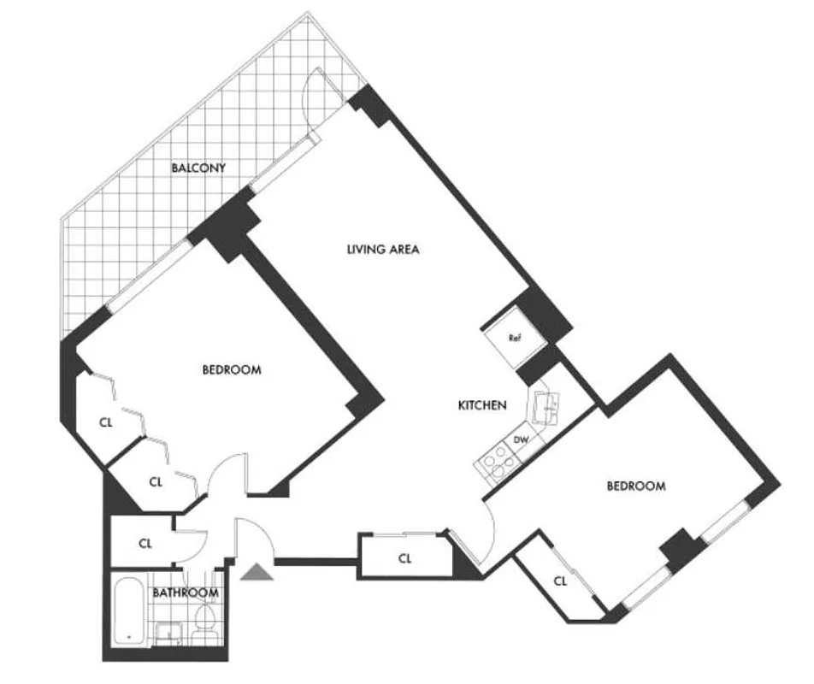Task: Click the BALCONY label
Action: (x=198, y=168)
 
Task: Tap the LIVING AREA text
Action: (x=382, y=250)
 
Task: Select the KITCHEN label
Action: (x=481, y=405)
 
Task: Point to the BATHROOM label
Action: (x=186, y=592)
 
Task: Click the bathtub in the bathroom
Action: (x=129, y=610)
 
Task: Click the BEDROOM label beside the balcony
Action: (x=231, y=370)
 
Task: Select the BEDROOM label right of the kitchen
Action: (x=635, y=486)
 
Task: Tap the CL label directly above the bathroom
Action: (x=145, y=542)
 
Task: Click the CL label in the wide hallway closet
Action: (x=405, y=558)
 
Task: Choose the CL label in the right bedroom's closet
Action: (x=560, y=581)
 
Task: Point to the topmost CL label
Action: (x=106, y=421)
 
